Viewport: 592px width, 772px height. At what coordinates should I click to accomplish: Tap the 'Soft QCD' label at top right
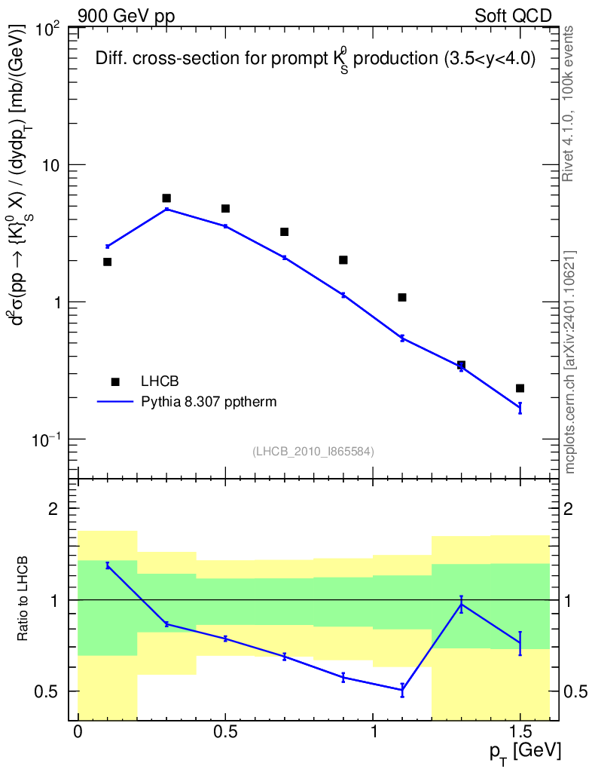pyautogui.click(x=513, y=15)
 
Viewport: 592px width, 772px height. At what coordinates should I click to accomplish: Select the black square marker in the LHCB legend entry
pyautogui.click(x=115, y=381)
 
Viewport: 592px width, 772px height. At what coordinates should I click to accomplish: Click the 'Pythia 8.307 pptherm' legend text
pyautogui.click(x=209, y=402)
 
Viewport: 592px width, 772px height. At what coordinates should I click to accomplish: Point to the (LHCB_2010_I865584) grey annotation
pyautogui.click(x=313, y=451)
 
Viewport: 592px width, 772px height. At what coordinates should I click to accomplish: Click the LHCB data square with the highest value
pyautogui.click(x=166, y=198)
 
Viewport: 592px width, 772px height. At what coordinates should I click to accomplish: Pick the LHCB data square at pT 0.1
pyautogui.click(x=108, y=262)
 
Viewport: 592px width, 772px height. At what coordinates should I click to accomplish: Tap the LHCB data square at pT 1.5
pyautogui.click(x=520, y=388)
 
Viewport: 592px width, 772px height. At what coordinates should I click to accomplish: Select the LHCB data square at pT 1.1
pyautogui.click(x=402, y=297)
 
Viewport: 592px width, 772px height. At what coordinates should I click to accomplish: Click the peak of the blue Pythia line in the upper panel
pyautogui.click(x=166, y=209)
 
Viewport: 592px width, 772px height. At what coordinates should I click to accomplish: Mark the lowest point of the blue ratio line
pyautogui.click(x=402, y=690)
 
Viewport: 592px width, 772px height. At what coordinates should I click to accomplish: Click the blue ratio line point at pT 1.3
pyautogui.click(x=461, y=604)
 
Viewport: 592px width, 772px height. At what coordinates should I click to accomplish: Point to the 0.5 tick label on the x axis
pyautogui.click(x=225, y=731)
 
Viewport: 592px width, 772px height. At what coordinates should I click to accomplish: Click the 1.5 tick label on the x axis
pyautogui.click(x=520, y=731)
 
